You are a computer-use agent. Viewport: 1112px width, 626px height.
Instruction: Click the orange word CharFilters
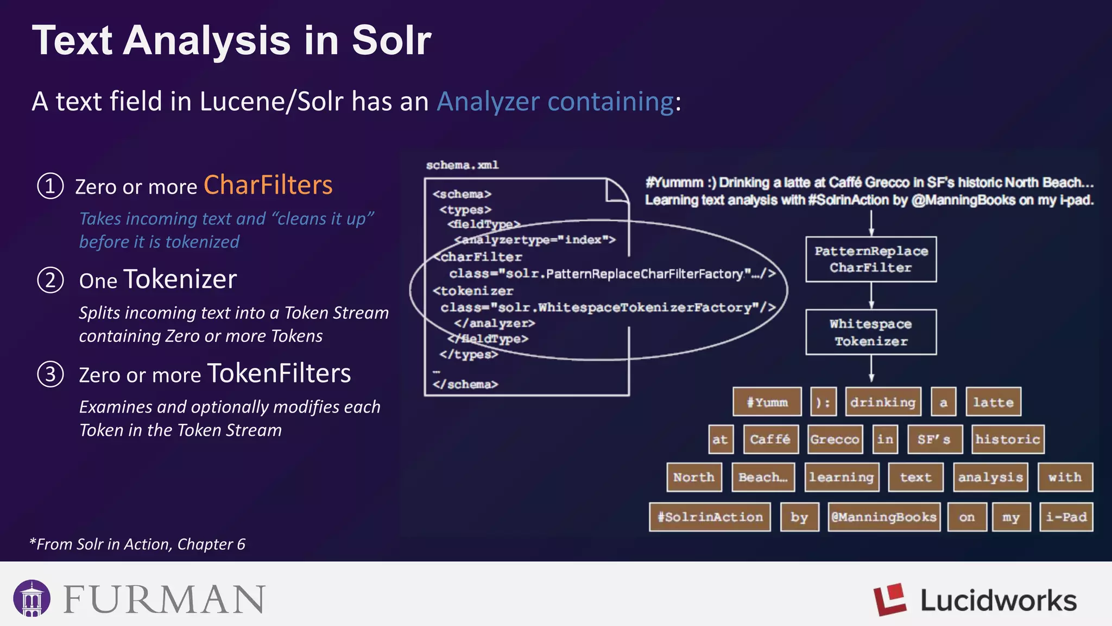pos(268,185)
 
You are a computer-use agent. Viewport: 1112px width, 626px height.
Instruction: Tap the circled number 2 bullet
pos(50,280)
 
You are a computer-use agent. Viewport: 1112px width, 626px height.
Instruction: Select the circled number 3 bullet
pos(50,374)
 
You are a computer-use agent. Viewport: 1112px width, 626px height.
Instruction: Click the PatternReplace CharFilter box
pos(871,259)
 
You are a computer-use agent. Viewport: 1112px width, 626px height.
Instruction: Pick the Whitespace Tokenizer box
pos(871,332)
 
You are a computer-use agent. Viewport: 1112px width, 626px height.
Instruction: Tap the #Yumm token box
pos(767,402)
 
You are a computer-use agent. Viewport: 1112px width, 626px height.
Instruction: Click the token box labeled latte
pos(993,402)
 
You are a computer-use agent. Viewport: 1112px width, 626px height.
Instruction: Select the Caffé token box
pos(770,439)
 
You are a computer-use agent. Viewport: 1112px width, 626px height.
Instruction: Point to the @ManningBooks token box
pos(884,517)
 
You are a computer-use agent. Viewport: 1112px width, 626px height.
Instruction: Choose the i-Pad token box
pos(1066,517)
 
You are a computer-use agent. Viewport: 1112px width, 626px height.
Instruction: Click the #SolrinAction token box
pos(710,517)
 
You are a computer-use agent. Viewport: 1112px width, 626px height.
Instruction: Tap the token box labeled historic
pos(1007,439)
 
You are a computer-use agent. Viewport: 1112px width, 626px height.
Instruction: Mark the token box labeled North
pos(694,477)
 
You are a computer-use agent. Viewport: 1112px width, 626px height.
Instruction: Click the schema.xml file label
pos(462,165)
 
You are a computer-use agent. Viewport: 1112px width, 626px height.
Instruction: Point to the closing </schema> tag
pos(465,384)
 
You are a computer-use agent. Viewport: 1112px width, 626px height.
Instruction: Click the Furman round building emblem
pos(32,598)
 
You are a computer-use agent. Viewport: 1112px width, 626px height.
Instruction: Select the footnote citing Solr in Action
pos(137,544)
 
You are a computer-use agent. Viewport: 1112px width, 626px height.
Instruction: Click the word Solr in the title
pos(391,41)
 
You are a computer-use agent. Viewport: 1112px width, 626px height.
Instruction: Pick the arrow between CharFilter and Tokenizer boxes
pos(871,296)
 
